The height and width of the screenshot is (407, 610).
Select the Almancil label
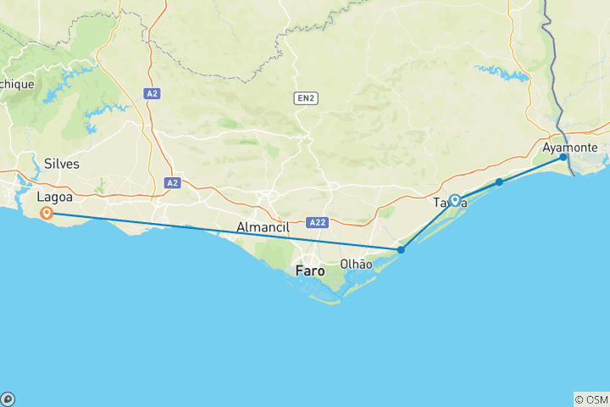263,227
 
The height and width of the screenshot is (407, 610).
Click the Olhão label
355,264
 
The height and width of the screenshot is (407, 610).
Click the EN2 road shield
305,98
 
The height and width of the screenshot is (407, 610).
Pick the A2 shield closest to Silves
172,182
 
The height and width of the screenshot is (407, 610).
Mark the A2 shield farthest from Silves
152,94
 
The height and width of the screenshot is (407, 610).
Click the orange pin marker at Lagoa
47,213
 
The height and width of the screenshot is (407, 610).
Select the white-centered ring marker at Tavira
455,200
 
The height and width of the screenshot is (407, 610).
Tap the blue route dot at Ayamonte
563,157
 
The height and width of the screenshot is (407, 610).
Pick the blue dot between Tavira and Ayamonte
499,182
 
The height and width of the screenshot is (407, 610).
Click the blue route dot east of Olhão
401,249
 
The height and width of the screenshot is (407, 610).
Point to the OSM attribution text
591,399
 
